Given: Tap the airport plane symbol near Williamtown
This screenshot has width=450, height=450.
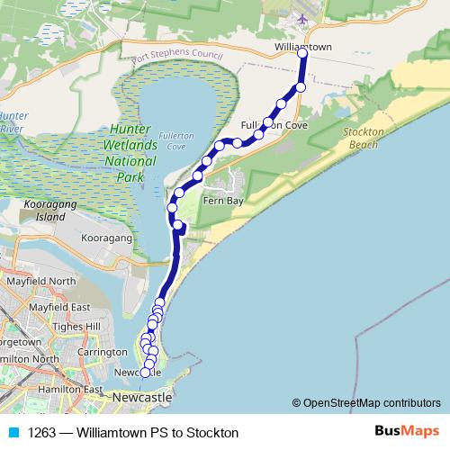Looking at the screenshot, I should [302, 18].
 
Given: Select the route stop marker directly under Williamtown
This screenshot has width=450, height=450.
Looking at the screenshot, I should [302, 54].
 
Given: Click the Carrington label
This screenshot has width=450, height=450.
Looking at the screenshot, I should [102, 352].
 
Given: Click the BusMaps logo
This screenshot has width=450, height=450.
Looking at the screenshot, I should [402, 431].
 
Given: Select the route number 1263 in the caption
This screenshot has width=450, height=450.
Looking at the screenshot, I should [43, 432].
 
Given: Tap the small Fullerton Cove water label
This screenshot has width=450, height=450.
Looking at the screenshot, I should [170, 139].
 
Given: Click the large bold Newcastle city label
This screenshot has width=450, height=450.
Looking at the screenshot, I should [141, 397].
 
